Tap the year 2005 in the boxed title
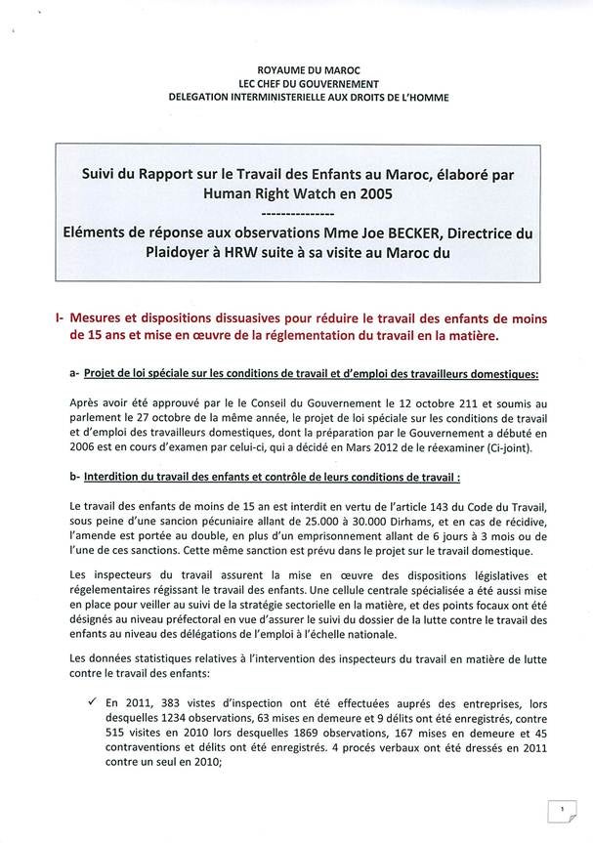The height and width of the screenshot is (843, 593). [385, 193]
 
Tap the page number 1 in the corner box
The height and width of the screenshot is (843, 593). [563, 810]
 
